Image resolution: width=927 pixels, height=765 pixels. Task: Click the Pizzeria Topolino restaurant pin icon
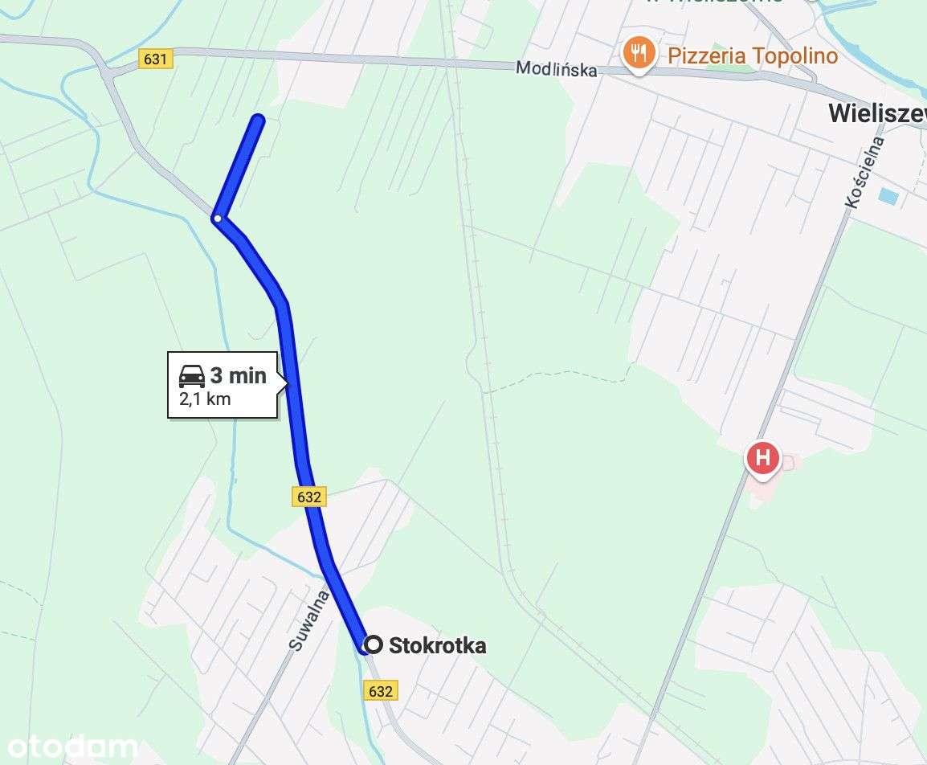[x=638, y=53]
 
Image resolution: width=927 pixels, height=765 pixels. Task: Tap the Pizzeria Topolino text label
[x=753, y=55]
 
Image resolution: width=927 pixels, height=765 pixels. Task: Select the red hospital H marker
[x=762, y=459]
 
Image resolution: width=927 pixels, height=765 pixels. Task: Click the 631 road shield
[x=155, y=59]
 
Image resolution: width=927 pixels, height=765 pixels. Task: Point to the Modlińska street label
[x=557, y=69]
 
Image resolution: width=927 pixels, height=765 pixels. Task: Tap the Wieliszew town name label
[x=876, y=114]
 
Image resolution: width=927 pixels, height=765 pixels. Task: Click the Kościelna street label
[x=865, y=173]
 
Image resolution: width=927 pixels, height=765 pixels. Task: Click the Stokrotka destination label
[x=437, y=645]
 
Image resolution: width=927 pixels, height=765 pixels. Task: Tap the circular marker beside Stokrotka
[x=373, y=644]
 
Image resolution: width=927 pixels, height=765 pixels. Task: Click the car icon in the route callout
[x=192, y=375]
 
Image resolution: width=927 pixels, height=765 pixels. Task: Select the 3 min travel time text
[x=238, y=375]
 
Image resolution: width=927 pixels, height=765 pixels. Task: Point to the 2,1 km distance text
[x=204, y=399]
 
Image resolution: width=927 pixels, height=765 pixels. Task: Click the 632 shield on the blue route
[x=308, y=497]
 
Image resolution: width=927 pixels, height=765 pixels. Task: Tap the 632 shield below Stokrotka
[x=381, y=691]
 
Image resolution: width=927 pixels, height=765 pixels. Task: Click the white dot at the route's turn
[x=217, y=218]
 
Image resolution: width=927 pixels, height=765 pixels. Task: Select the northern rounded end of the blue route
[x=258, y=121]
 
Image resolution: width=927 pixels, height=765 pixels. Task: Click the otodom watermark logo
[x=69, y=747]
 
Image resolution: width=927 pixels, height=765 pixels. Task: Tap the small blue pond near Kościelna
[x=888, y=195]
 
